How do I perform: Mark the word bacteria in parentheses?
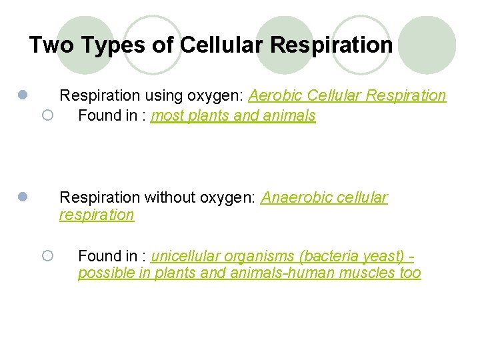tap(324, 256)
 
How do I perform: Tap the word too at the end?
tap(410, 273)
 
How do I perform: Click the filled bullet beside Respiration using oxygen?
tap(22, 96)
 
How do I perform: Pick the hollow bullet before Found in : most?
tap(47, 116)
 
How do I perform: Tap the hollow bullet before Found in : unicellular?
tap(47, 256)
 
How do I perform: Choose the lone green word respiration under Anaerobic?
tap(97, 215)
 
